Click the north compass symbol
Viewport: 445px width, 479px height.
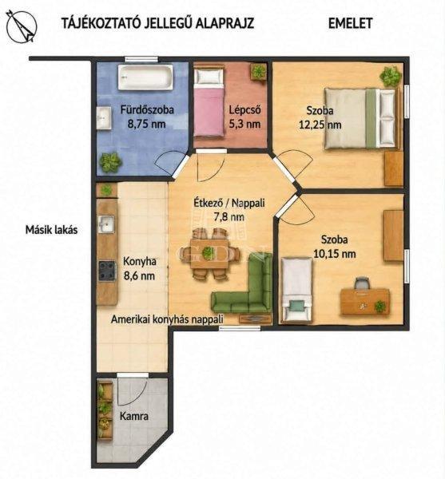coord(22,26)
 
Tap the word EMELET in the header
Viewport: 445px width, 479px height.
coord(350,23)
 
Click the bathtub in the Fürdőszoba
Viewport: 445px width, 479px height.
coord(145,77)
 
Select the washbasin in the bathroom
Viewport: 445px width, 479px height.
coord(104,118)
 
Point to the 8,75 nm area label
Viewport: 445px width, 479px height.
coord(147,124)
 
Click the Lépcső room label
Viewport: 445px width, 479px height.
coord(244,110)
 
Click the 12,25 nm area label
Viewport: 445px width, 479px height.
coord(320,125)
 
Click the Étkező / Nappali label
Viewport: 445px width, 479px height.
coord(229,203)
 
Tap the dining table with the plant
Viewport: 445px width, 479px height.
coord(209,254)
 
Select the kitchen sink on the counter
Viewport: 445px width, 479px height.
coord(106,224)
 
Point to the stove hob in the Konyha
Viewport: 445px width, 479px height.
coord(107,271)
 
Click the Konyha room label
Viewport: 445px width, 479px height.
coord(140,262)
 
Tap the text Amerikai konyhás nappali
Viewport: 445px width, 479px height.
coord(167,319)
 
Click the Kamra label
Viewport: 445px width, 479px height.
coord(134,416)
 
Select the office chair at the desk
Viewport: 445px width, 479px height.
coord(362,283)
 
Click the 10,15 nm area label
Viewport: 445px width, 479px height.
coord(335,254)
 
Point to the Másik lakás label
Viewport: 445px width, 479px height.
coord(51,230)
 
